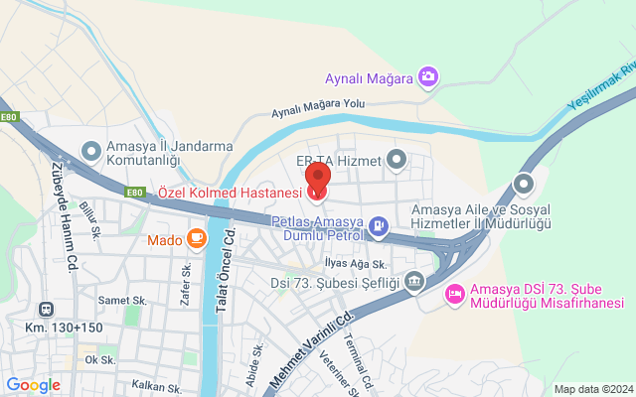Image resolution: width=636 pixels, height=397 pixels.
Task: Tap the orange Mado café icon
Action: coord(196,238)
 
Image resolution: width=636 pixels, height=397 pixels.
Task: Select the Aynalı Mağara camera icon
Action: coord(428,75)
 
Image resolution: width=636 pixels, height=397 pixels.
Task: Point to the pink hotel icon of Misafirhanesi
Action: coord(454,292)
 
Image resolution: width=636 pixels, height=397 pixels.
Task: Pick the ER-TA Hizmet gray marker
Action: coord(397,159)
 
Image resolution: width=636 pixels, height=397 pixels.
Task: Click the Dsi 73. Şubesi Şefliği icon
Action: coord(415,284)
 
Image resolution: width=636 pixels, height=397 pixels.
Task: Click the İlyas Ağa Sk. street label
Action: coord(355,263)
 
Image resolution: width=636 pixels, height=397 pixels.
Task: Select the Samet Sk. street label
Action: coord(122,300)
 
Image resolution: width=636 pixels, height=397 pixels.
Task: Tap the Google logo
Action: coord(34,385)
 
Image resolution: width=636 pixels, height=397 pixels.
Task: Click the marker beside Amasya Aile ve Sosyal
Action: coord(524,185)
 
